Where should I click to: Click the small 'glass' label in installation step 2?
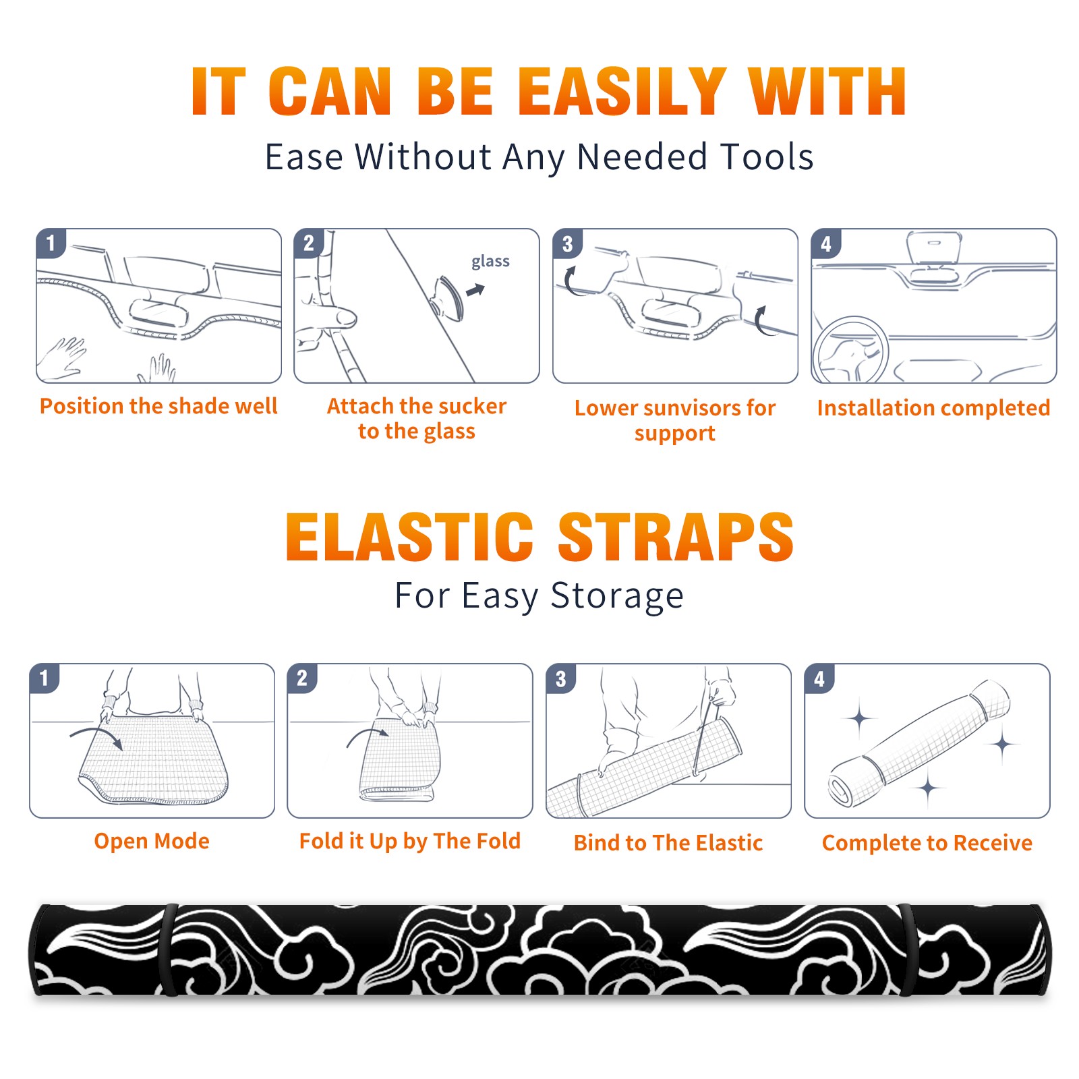[x=490, y=262]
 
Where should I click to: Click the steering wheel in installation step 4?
[x=850, y=349]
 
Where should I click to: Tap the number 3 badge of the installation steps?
[x=567, y=243]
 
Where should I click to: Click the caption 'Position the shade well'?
[x=158, y=406]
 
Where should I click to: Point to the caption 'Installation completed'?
[x=933, y=407]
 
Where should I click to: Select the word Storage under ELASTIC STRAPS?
[x=617, y=596]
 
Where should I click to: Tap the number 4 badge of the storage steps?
[x=819, y=678]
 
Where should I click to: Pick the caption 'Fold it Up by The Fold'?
[x=410, y=841]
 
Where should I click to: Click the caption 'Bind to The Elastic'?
[x=668, y=843]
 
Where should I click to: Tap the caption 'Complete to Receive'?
[x=927, y=843]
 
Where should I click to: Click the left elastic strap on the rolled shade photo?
[x=169, y=950]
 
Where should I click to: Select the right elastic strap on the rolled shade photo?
[x=908, y=950]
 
